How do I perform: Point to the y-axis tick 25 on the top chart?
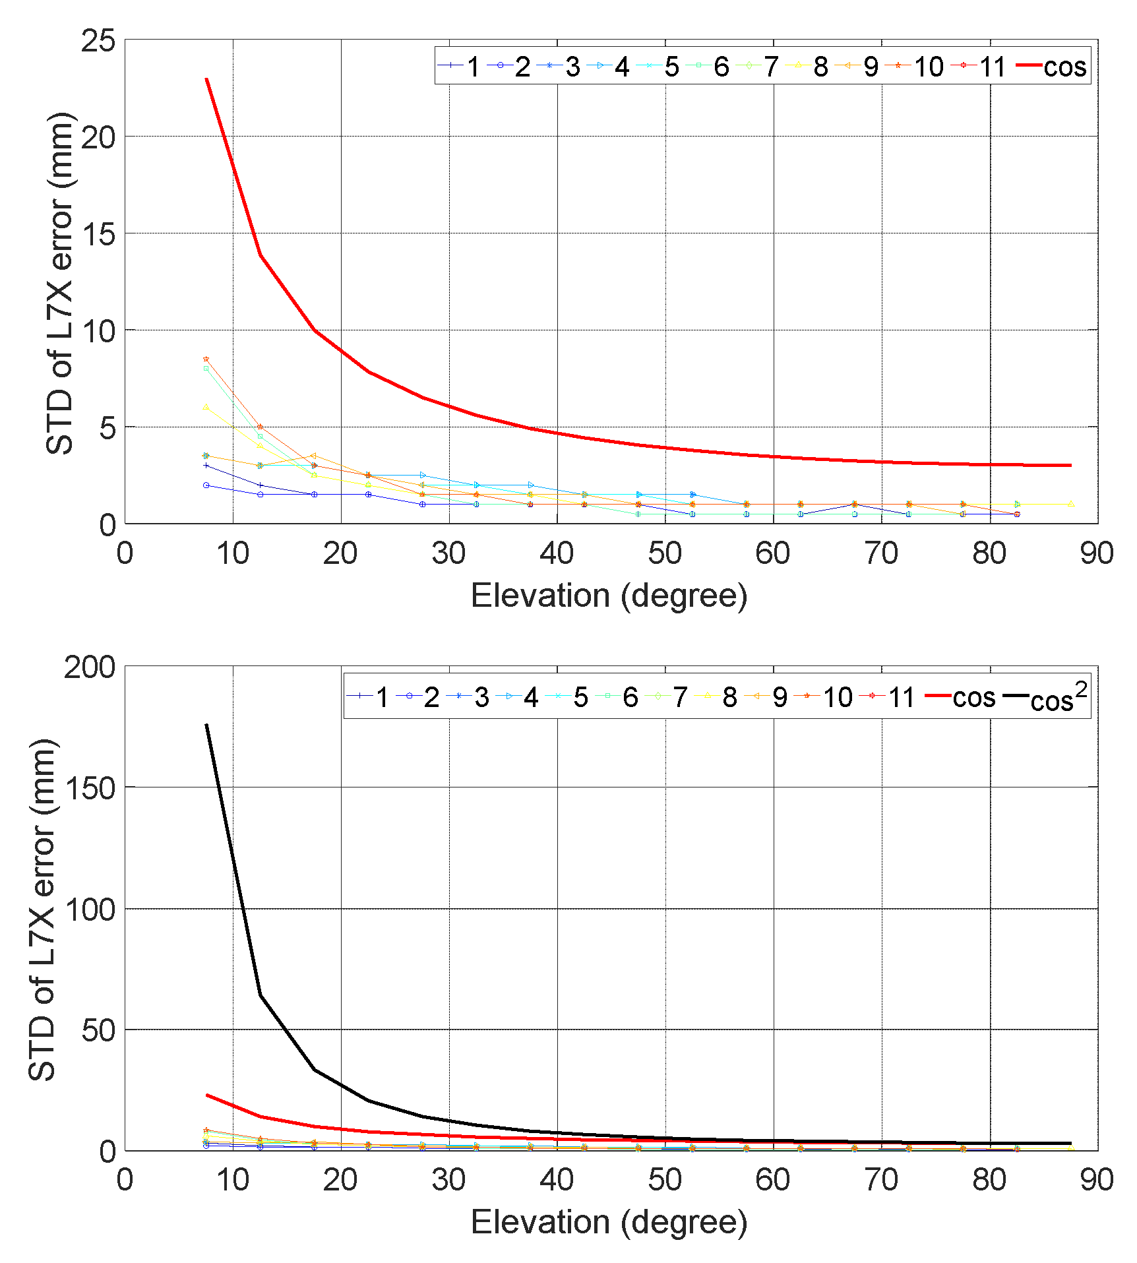98,41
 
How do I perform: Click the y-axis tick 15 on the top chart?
98,234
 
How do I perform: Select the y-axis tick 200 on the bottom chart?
89,667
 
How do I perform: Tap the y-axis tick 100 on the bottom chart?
89,909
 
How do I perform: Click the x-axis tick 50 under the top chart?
665,553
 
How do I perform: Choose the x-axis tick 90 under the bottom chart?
1097,1180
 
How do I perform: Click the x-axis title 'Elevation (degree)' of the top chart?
609,596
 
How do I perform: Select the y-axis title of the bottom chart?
42,909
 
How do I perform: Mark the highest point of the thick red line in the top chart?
206,78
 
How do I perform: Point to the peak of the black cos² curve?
206,724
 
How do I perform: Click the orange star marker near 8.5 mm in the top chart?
206,359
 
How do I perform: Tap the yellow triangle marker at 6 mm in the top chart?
206,407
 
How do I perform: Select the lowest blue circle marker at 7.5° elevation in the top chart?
206,485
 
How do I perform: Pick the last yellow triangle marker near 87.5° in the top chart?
1071,504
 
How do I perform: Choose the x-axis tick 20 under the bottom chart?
340,1180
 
